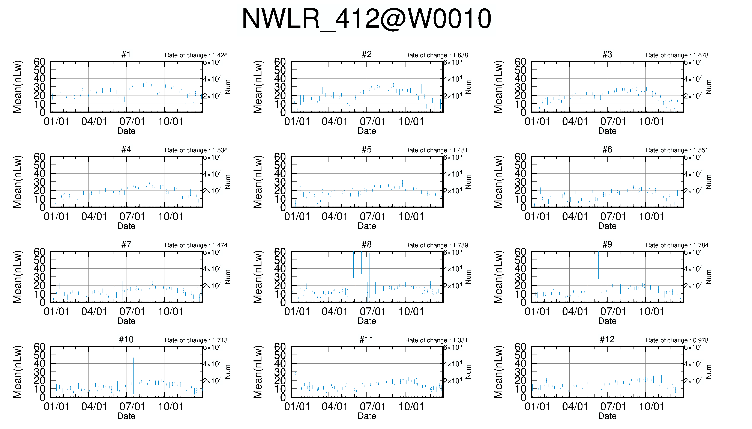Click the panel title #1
click(126, 54)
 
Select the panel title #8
click(366, 245)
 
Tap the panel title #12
click(607, 339)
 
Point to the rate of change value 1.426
click(220, 55)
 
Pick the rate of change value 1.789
click(460, 245)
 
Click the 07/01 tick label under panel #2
click(372, 121)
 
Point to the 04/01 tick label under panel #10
click(94, 407)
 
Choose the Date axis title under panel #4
click(126, 226)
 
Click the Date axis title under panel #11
click(367, 416)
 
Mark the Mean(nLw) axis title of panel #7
click(17, 277)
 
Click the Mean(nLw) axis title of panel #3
click(498, 87)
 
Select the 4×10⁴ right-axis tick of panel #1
click(212, 79)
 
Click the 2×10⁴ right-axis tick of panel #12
click(693, 381)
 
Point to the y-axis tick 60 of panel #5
click(280, 157)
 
